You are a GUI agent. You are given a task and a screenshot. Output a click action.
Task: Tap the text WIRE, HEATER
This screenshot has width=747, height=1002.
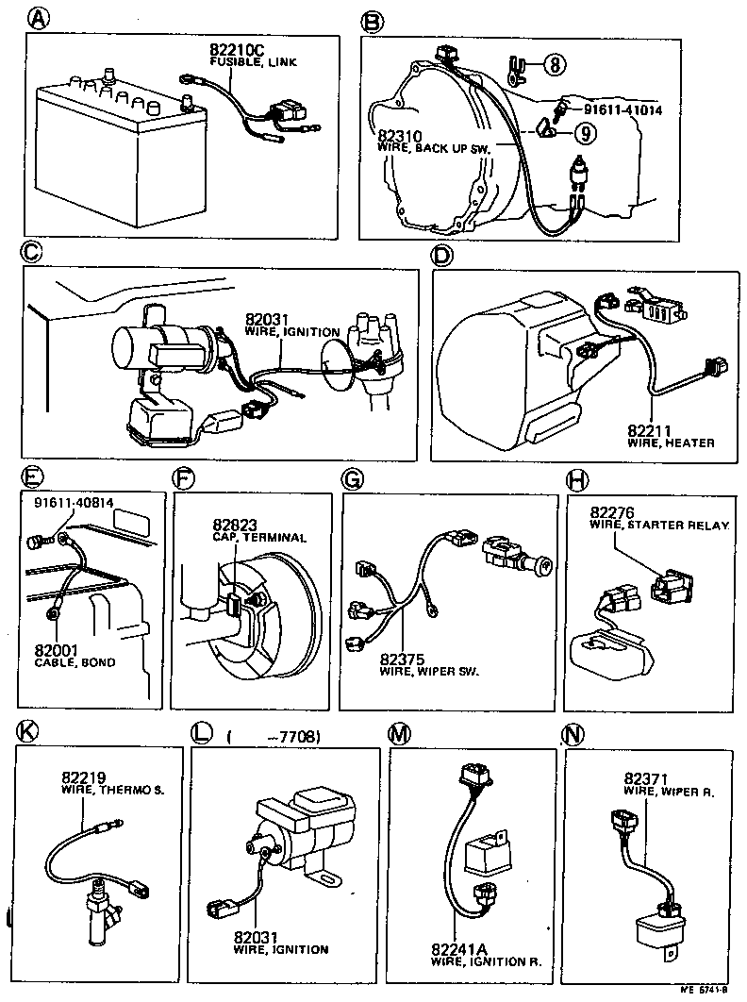(671, 443)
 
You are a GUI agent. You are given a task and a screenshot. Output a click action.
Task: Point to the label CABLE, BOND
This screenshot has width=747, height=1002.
(75, 662)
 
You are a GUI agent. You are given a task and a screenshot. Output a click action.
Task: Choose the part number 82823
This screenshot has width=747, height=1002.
(236, 525)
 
